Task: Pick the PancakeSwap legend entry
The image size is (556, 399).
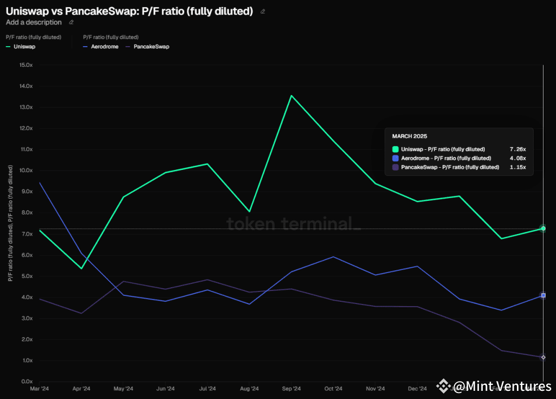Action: tap(151, 47)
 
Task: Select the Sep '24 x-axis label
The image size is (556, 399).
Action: tap(292, 389)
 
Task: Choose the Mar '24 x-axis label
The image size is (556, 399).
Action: tap(40, 389)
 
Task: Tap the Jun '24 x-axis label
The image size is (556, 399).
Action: tap(166, 389)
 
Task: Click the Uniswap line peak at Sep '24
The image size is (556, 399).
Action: tap(292, 96)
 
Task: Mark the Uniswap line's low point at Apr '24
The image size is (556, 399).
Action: tap(81, 268)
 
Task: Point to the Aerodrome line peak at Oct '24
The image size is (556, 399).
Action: tap(333, 257)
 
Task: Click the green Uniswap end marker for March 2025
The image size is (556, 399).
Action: tap(542, 229)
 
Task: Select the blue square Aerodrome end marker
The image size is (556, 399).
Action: tap(542, 295)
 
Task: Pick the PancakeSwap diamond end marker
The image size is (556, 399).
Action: tap(542, 357)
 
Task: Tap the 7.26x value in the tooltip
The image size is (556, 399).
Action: tap(518, 149)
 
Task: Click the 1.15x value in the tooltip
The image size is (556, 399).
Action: tap(518, 167)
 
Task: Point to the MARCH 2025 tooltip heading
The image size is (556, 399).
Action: tap(409, 136)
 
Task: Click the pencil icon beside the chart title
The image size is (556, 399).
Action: tap(263, 11)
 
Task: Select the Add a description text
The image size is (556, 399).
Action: tap(34, 22)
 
